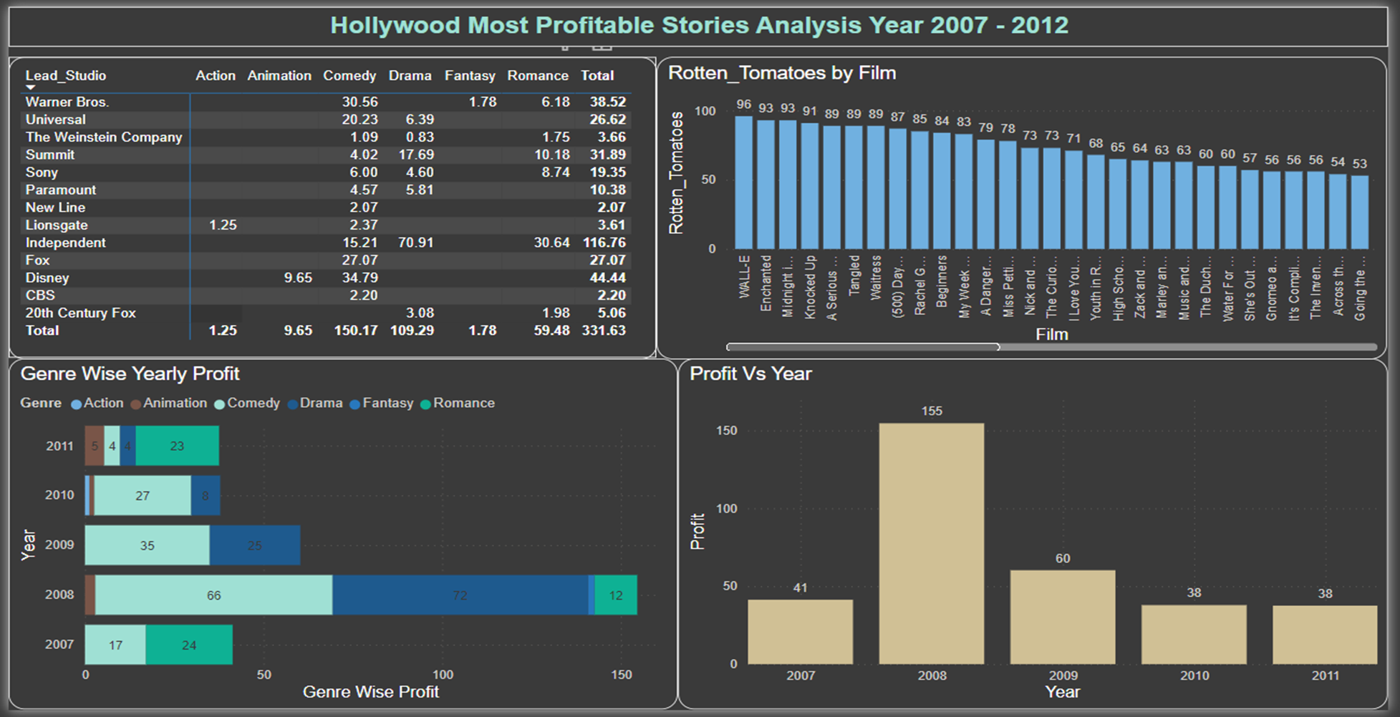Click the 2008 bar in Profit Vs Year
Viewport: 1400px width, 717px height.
[x=931, y=544]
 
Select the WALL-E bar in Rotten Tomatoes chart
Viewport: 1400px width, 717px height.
[x=743, y=182]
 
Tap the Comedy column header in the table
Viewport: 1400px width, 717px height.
[x=349, y=76]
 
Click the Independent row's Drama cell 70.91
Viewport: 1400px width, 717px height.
[x=415, y=243]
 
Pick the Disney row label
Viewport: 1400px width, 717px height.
[x=47, y=278]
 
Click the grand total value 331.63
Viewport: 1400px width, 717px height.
[x=603, y=331]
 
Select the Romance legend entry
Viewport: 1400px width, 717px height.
[x=463, y=403]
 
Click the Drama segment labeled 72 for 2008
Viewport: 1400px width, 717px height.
[x=460, y=595]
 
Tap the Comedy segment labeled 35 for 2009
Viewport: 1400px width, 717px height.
[x=147, y=545]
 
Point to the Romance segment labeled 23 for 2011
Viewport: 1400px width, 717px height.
[x=177, y=446]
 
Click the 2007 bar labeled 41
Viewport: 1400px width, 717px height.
[x=800, y=632]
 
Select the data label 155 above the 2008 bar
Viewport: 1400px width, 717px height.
[x=931, y=411]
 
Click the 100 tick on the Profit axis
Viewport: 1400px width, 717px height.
[x=726, y=509]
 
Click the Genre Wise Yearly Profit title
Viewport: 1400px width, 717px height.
[x=130, y=374]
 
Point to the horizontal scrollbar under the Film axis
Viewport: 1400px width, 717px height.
[x=863, y=347]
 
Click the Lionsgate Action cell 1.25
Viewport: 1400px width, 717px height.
[x=223, y=225]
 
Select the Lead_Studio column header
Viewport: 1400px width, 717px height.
[x=65, y=76]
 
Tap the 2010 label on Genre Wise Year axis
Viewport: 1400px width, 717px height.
[x=59, y=495]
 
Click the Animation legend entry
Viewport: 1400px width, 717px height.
[x=174, y=403]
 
